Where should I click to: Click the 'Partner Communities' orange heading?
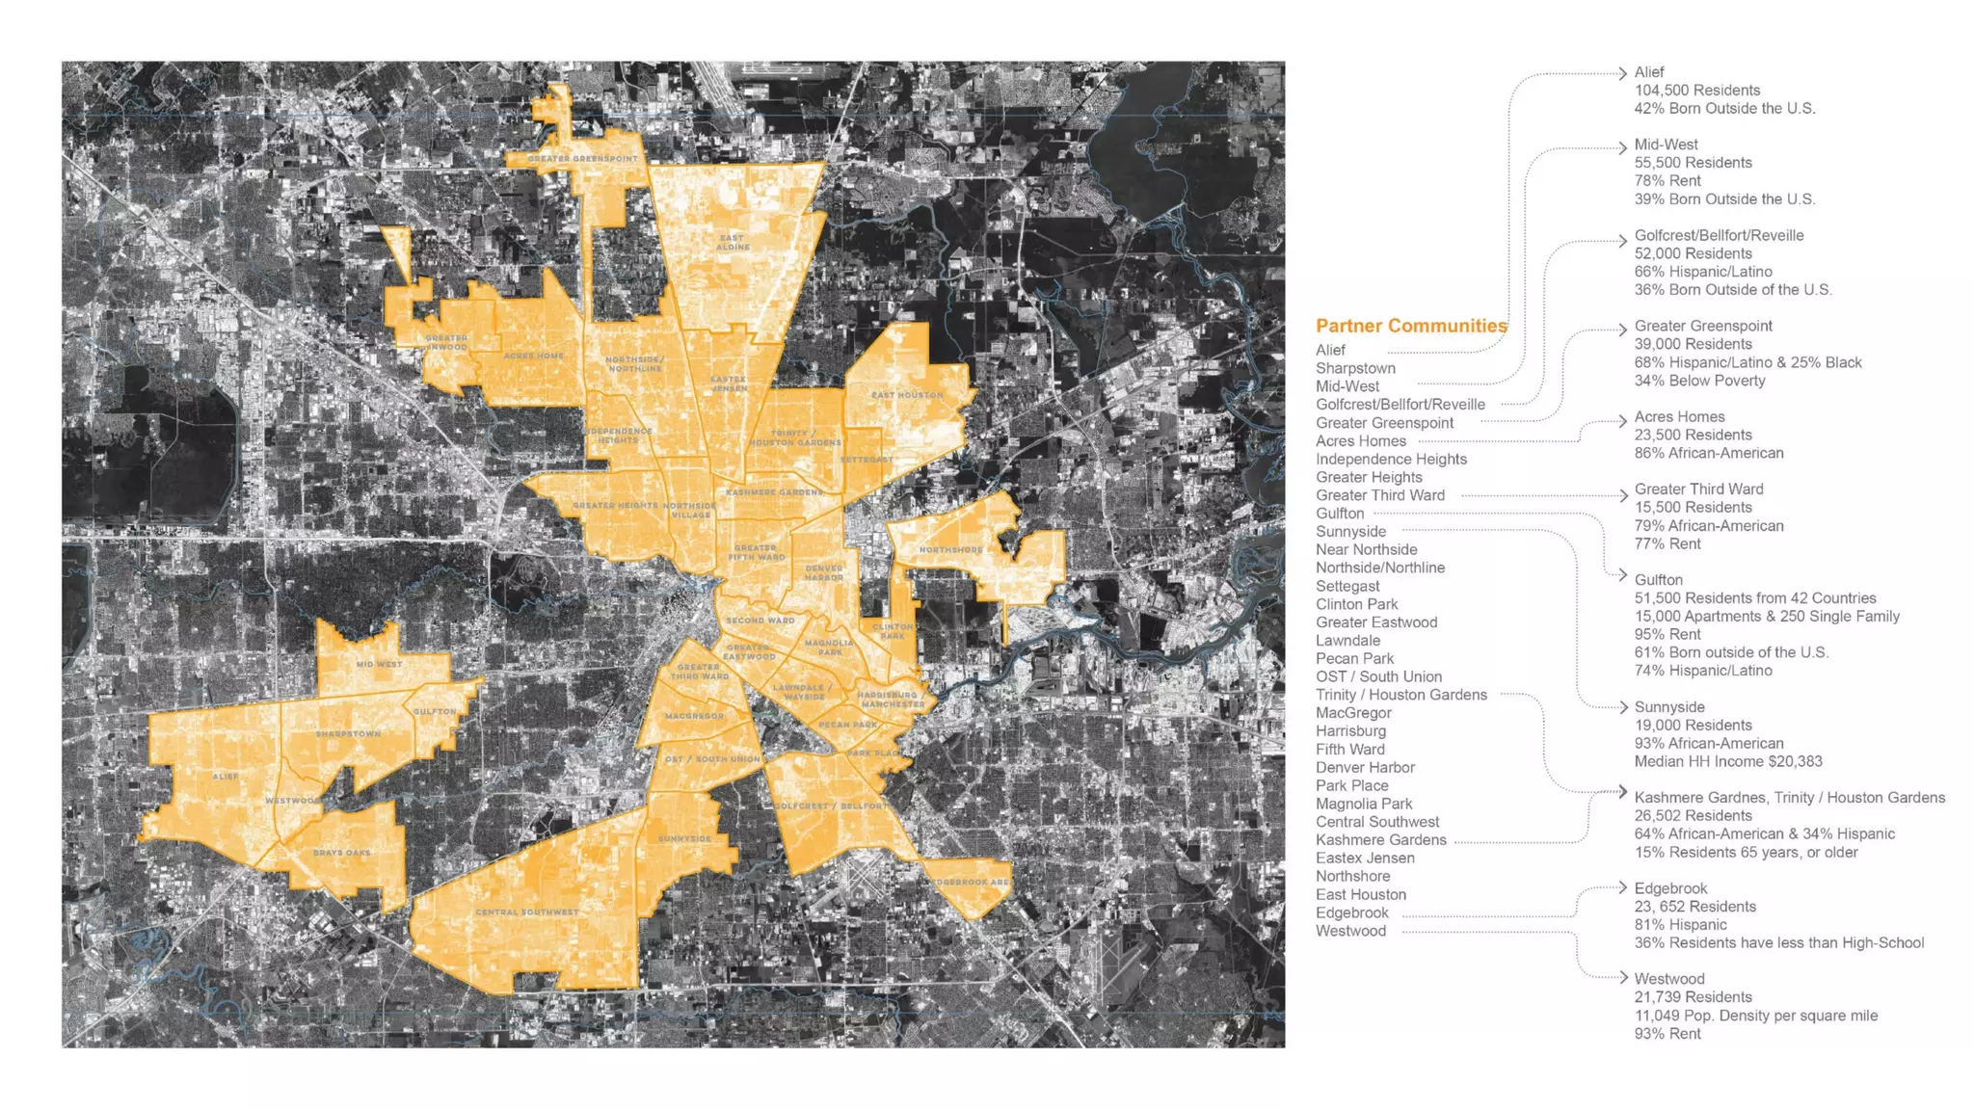coord(1411,326)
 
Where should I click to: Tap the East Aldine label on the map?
coord(732,242)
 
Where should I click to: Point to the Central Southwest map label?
coord(527,912)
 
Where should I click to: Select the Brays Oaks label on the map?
coord(341,853)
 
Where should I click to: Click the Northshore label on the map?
coord(950,550)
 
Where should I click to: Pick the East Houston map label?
coord(907,395)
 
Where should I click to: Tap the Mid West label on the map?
coord(379,664)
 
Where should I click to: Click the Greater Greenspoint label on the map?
coord(582,159)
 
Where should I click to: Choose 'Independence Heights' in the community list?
coord(1391,460)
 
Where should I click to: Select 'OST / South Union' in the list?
coord(1378,676)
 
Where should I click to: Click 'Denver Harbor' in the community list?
coord(1365,767)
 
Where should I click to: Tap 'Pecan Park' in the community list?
coord(1354,658)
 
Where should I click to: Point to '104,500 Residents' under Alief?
coord(1696,91)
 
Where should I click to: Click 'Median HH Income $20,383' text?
coord(1727,761)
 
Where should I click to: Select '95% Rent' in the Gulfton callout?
coord(1667,634)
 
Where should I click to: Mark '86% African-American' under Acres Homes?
coord(1708,453)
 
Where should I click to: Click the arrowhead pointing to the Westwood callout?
coord(1623,978)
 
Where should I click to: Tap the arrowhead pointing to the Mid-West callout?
coord(1623,147)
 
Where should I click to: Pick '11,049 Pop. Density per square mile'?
coord(1755,1016)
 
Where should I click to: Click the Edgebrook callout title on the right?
coord(1670,888)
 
